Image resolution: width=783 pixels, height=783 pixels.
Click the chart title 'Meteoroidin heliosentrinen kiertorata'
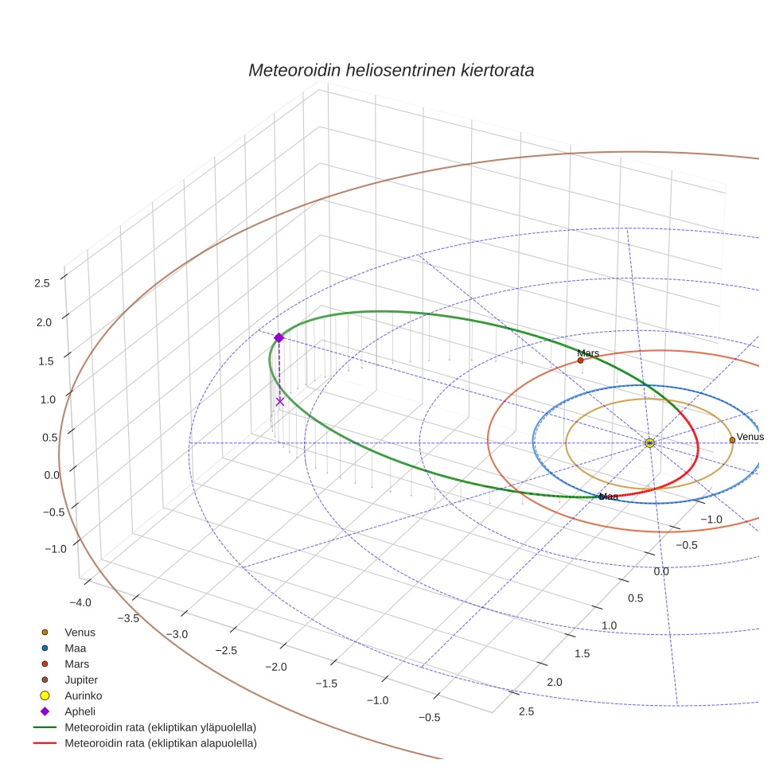(391, 70)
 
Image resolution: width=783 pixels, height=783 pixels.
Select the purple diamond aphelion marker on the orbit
(279, 337)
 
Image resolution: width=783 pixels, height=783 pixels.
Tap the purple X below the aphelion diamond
(279, 401)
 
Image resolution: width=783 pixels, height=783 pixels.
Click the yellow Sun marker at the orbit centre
(649, 442)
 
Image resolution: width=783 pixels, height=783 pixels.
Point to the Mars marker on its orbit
(580, 360)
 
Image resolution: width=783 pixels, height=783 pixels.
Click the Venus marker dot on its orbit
(732, 440)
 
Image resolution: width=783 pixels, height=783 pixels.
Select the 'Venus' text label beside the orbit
(750, 437)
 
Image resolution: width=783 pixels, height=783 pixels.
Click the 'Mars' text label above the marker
(588, 353)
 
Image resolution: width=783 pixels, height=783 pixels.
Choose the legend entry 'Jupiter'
(81, 680)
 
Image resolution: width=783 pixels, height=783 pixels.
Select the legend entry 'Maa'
(75, 648)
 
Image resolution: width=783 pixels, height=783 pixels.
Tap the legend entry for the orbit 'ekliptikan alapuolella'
(160, 743)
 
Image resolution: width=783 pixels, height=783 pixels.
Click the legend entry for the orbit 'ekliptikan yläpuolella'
(160, 727)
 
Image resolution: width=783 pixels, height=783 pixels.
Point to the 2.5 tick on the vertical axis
(42, 282)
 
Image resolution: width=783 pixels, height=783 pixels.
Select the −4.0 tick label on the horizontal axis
(82, 602)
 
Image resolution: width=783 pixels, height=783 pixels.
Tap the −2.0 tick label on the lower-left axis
(277, 666)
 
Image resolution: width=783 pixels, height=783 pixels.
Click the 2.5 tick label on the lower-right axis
(526, 711)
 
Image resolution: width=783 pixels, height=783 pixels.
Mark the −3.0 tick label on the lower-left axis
(177, 634)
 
